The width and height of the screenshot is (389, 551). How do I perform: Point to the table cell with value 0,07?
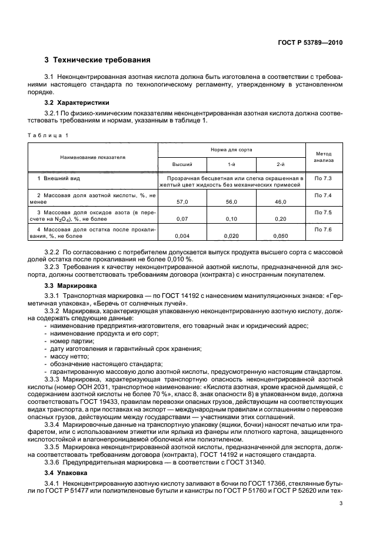click(182, 218)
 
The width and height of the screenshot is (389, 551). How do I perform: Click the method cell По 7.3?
click(323, 177)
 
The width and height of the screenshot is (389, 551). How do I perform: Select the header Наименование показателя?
click(92, 158)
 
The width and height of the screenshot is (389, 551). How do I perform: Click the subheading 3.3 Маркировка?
click(71, 285)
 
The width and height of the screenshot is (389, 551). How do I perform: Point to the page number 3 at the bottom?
click(341, 503)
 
